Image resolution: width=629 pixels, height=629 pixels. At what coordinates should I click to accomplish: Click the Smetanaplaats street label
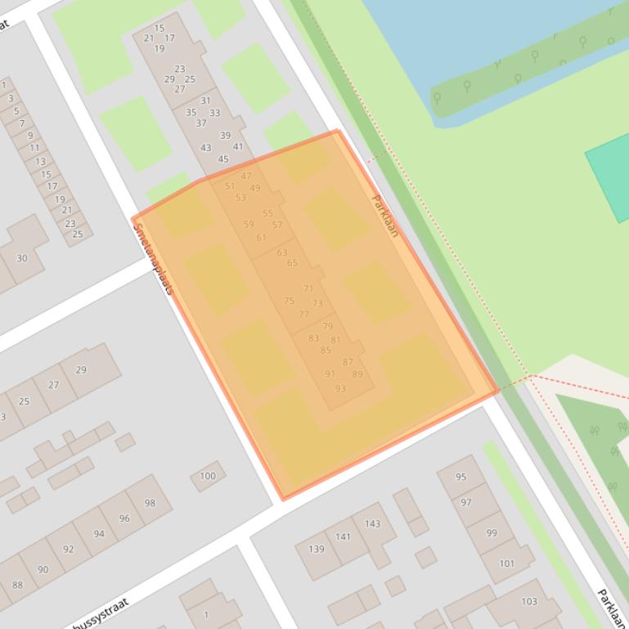(153, 258)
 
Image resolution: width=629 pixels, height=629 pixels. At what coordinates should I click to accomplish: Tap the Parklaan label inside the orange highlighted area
(384, 216)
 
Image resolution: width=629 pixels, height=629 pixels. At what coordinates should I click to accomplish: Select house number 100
(208, 475)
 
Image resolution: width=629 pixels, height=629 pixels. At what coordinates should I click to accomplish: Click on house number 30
(22, 258)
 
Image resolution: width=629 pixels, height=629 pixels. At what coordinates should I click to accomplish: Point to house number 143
(372, 524)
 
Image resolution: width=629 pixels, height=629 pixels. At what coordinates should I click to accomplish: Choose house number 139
(317, 549)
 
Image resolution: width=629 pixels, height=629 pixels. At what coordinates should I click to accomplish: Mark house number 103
(529, 601)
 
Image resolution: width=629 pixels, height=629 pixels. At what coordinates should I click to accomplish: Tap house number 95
(461, 477)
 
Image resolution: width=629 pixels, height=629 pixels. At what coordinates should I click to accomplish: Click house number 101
(506, 563)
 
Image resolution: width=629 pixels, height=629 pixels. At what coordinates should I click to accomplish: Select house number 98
(150, 503)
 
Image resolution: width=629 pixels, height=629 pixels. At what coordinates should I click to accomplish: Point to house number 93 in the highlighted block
(340, 388)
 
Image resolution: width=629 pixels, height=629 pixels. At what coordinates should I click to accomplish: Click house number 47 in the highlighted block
(246, 176)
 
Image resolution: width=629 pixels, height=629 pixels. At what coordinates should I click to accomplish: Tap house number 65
(292, 263)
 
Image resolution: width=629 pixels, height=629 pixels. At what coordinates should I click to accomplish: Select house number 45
(223, 159)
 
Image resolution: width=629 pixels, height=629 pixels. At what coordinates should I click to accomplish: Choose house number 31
(205, 100)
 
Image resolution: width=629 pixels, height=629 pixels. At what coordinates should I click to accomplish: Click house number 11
(34, 148)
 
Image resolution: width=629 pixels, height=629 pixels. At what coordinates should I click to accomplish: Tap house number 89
(357, 374)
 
